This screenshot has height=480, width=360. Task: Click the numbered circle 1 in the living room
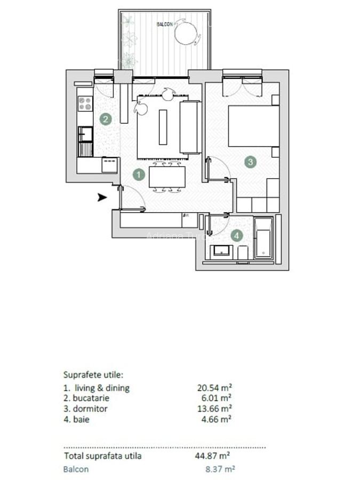click(138, 174)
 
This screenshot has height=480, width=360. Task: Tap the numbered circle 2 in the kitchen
click(106, 119)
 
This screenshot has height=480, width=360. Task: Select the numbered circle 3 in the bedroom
click(250, 162)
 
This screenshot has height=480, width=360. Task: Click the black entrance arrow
click(102, 197)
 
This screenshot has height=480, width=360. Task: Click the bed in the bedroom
click(253, 126)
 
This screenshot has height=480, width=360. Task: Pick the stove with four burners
click(85, 103)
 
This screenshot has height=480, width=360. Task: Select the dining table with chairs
click(167, 177)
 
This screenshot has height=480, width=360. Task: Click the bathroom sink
click(220, 250)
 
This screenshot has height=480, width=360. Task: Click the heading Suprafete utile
click(93, 375)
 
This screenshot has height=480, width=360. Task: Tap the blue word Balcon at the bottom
click(76, 469)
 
